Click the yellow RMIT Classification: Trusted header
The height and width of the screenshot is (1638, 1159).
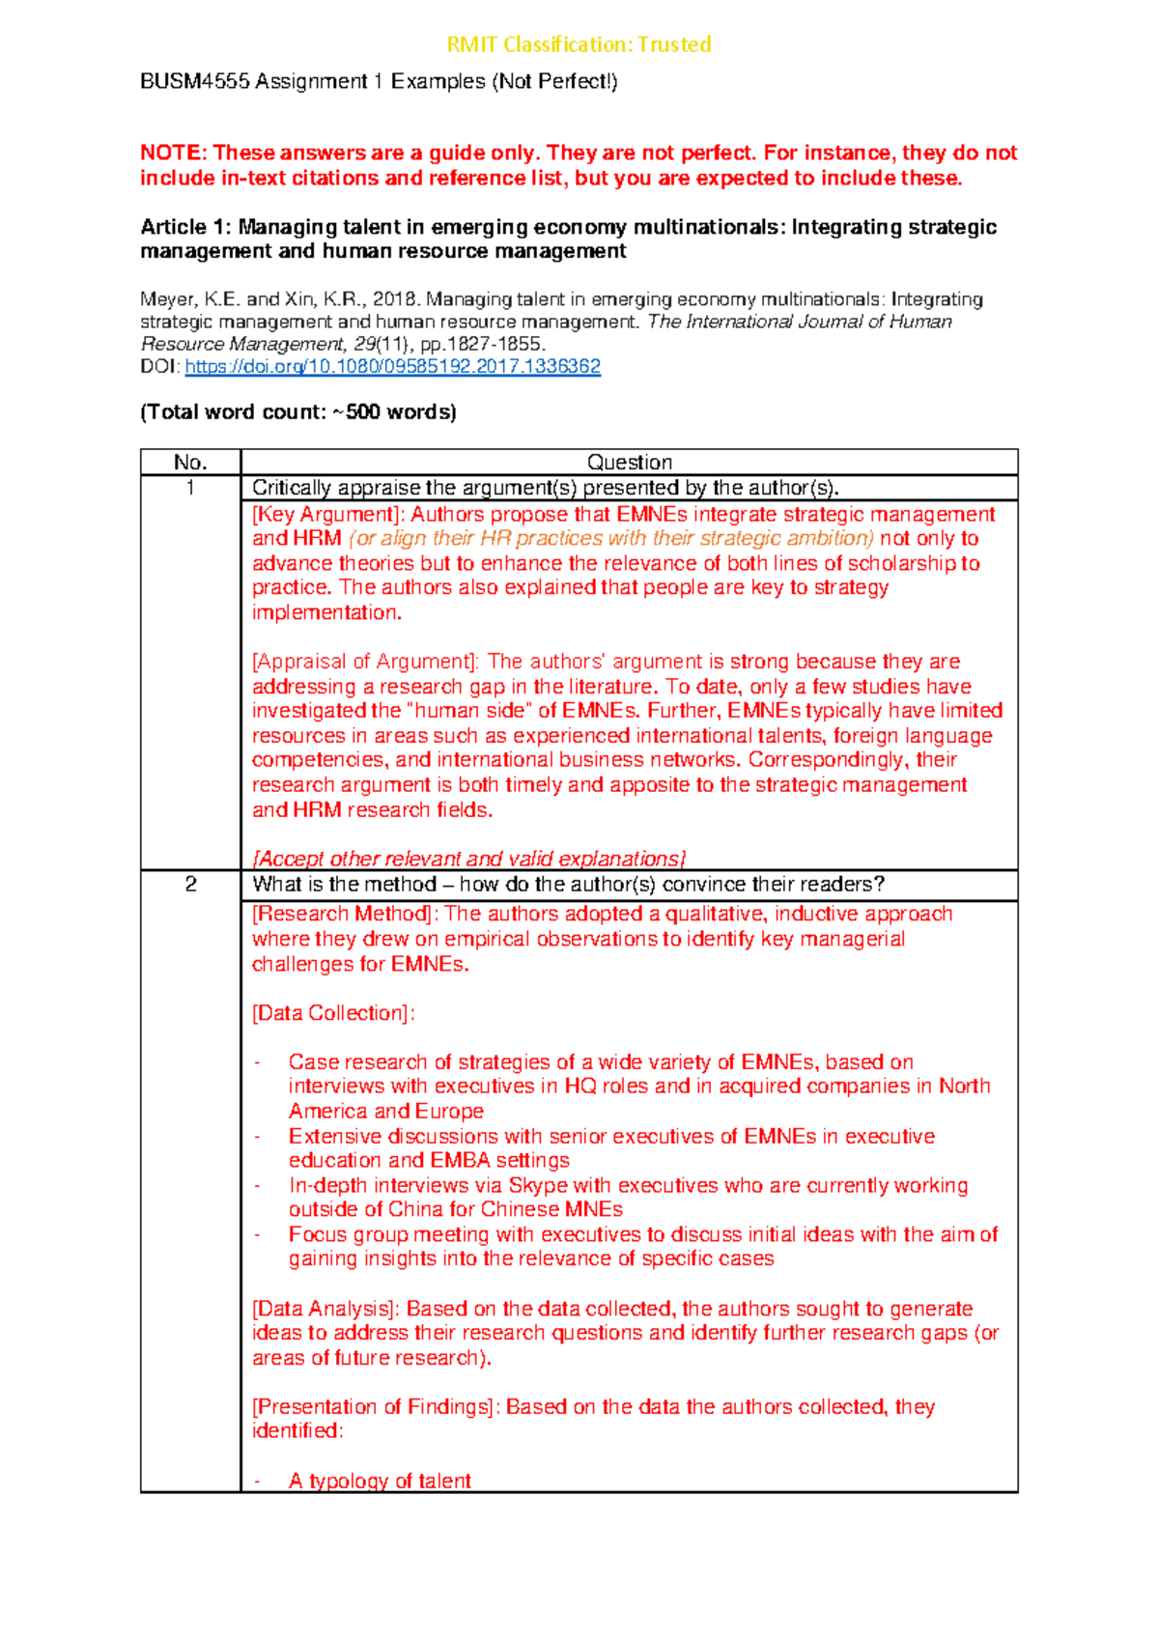(x=579, y=44)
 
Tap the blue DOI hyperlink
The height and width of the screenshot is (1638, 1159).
(x=392, y=367)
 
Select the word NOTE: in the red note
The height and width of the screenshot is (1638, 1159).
(x=173, y=154)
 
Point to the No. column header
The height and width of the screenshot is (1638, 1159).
(x=190, y=463)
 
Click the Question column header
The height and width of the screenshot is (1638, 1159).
(x=630, y=463)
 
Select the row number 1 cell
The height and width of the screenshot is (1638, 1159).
(x=190, y=488)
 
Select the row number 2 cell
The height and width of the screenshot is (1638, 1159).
(x=190, y=885)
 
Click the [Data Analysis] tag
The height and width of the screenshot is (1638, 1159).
(x=326, y=1309)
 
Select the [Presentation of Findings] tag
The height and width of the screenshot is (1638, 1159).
(x=377, y=1407)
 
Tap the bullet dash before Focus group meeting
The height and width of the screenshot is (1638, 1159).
(x=258, y=1235)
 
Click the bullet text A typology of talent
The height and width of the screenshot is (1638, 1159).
(x=380, y=1482)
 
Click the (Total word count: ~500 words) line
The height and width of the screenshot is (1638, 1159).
(x=298, y=412)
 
